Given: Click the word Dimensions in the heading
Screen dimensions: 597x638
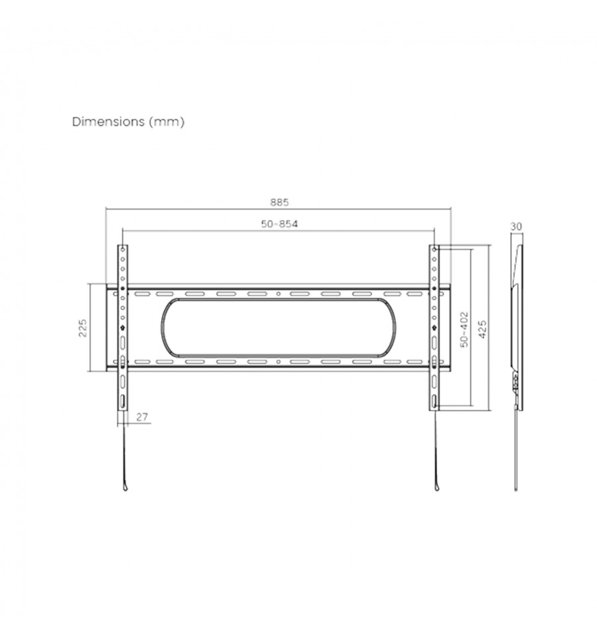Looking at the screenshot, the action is pyautogui.click(x=108, y=121).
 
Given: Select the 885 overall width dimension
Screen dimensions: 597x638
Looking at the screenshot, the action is pyautogui.click(x=279, y=202).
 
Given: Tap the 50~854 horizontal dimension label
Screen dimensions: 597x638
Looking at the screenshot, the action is pyautogui.click(x=279, y=223).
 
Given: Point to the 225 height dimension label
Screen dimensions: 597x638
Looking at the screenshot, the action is pyautogui.click(x=83, y=328).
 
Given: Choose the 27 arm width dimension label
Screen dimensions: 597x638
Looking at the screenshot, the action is pyautogui.click(x=142, y=417).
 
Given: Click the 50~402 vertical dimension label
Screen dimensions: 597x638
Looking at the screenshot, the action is pyautogui.click(x=464, y=330).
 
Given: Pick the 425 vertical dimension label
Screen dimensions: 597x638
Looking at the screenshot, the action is pyautogui.click(x=482, y=329).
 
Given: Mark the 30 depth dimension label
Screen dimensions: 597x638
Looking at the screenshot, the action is pyautogui.click(x=516, y=226).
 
